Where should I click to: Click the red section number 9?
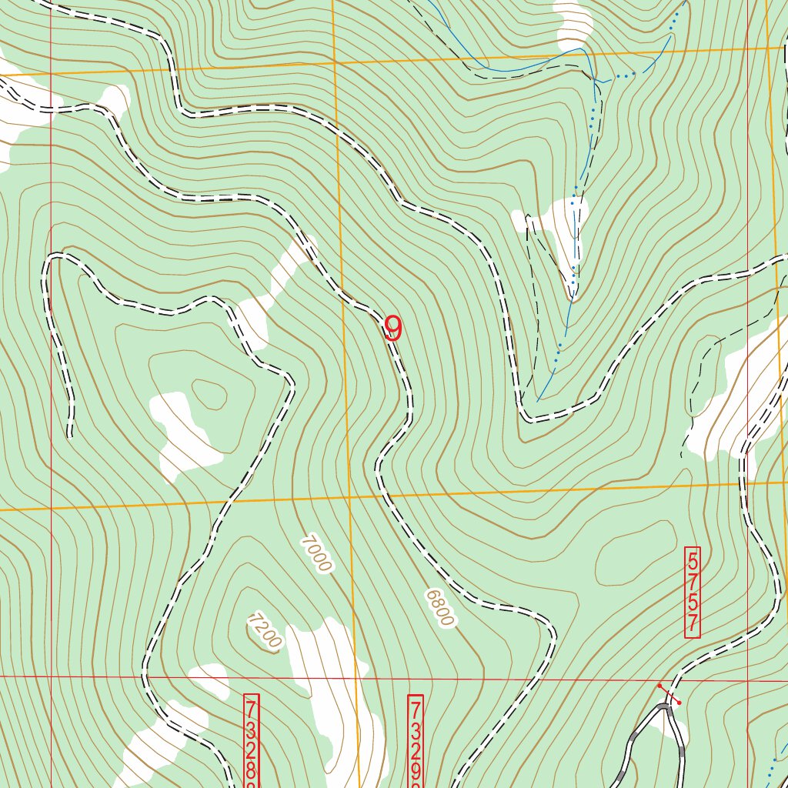pyautogui.click(x=392, y=329)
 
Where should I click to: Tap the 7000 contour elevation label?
pyautogui.click(x=316, y=554)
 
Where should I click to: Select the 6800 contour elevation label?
pyautogui.click(x=439, y=608)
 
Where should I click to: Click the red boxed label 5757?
pyautogui.click(x=693, y=592)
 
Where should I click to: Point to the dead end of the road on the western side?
pyautogui.click(x=71, y=434)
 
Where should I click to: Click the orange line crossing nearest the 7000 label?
pyautogui.click(x=348, y=499)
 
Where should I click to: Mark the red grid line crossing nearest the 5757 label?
pyautogui.click(x=747, y=679)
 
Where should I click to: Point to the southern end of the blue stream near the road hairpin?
pyautogui.click(x=538, y=401)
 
